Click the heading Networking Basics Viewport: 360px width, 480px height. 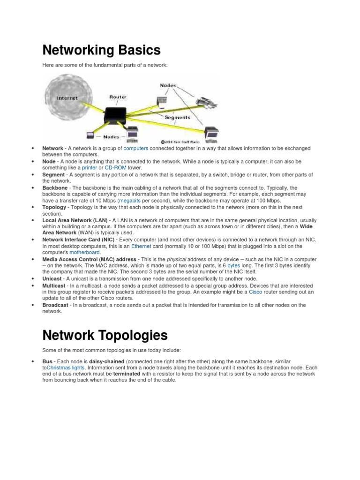[x=101, y=50]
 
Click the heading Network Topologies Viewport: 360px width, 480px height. [x=105, y=335]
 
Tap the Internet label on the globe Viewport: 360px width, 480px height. [x=67, y=98]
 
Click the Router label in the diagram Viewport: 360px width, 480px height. [x=118, y=97]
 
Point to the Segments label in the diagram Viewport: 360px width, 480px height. [x=177, y=117]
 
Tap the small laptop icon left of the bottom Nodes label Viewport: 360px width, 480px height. [x=90, y=136]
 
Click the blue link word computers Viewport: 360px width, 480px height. [x=135, y=148]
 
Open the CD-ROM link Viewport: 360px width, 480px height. [x=116, y=167]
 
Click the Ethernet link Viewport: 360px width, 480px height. [x=141, y=246]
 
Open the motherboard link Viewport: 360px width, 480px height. [x=84, y=252]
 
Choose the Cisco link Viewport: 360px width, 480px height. [x=255, y=292]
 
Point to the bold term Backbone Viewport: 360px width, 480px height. [x=55, y=187]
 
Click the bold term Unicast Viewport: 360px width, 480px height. [x=52, y=278]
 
